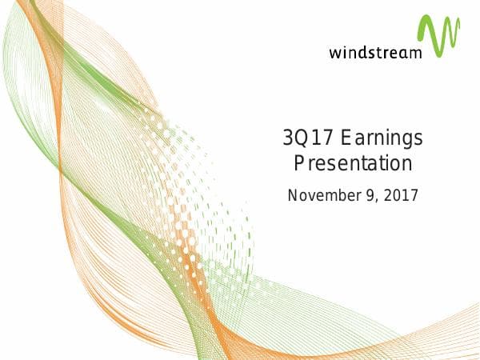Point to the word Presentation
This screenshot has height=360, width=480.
353,165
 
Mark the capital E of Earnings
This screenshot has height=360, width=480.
346,139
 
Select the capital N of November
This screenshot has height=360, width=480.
293,194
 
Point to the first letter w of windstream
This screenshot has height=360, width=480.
334,54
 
